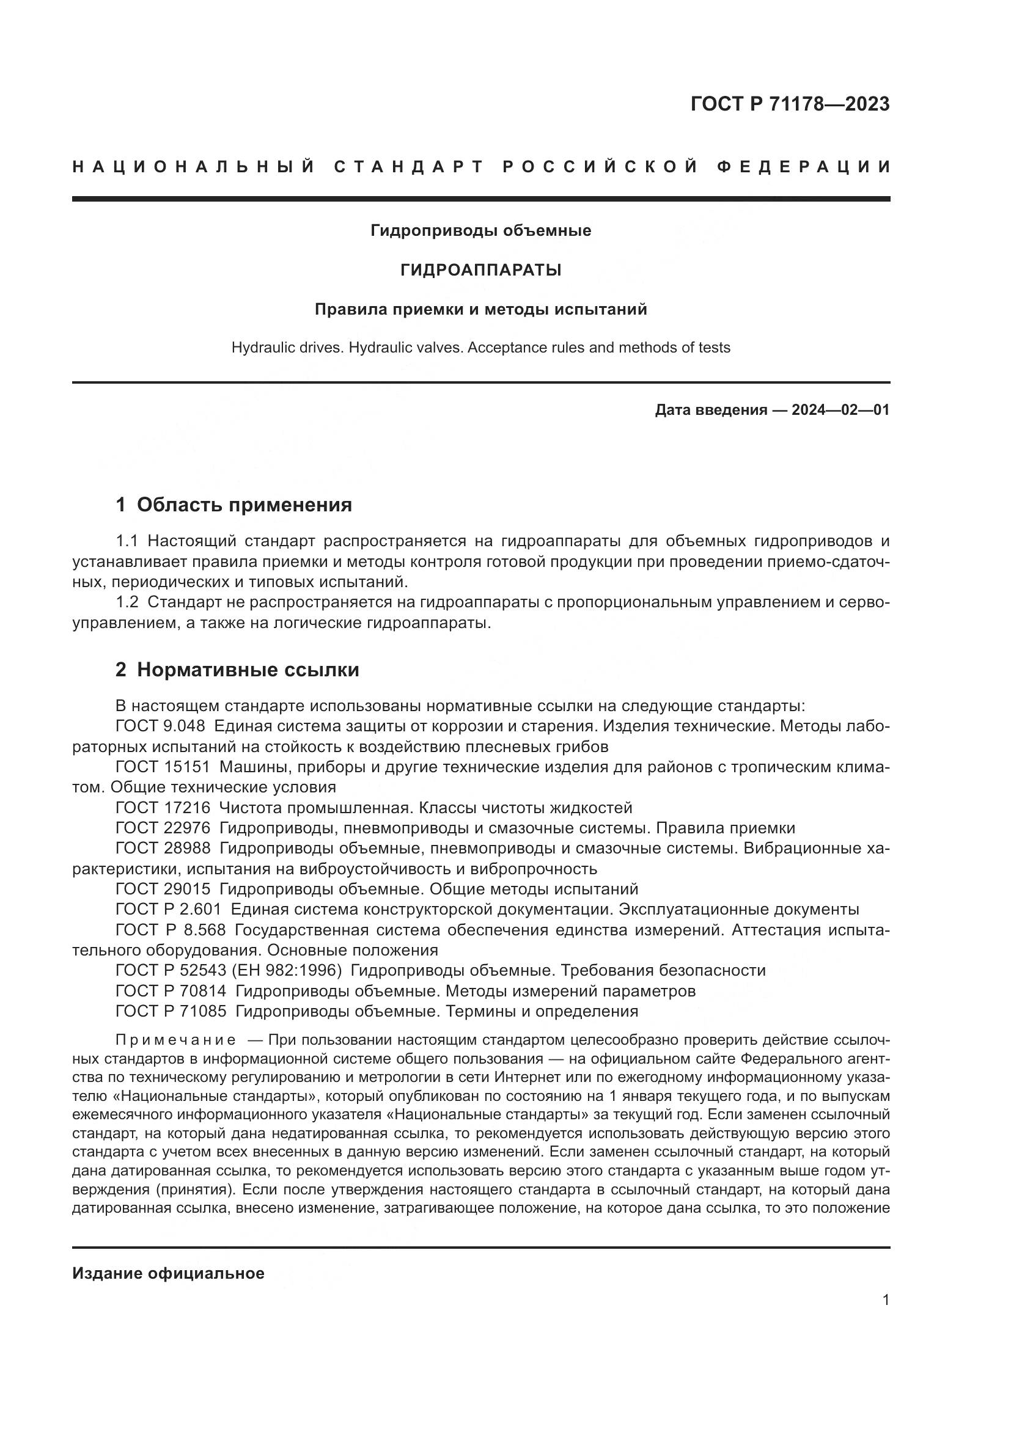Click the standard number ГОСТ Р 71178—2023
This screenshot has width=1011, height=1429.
click(x=789, y=104)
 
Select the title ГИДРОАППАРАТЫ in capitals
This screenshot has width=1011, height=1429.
click(x=480, y=270)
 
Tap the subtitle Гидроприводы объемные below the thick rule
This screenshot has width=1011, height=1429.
click(x=480, y=231)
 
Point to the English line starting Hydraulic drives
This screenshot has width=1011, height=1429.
click(x=480, y=347)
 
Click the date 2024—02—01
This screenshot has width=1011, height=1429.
click(x=840, y=410)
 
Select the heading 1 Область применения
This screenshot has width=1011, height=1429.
click(x=233, y=505)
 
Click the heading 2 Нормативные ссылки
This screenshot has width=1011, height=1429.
click(x=237, y=670)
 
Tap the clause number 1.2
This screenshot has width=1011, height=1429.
click(x=127, y=602)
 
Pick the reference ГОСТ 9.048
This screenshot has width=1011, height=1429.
click(x=160, y=726)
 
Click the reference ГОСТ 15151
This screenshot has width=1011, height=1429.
click(x=163, y=767)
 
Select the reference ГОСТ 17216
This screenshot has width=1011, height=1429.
click(x=163, y=808)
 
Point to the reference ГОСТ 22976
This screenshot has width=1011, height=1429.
click(x=163, y=828)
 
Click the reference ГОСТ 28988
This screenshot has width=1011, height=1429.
click(x=163, y=849)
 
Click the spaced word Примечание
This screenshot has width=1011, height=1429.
click(x=175, y=1040)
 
